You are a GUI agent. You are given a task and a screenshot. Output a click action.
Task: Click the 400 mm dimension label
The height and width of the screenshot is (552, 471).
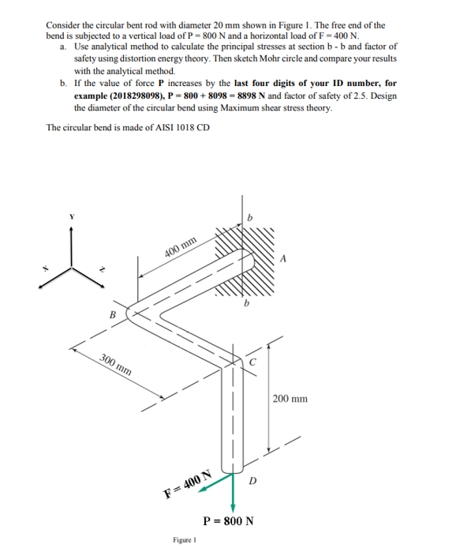(x=181, y=246)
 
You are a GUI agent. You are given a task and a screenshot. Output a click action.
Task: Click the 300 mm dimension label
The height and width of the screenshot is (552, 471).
(x=116, y=365)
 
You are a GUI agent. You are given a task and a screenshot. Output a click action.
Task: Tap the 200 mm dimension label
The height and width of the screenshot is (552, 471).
(x=290, y=399)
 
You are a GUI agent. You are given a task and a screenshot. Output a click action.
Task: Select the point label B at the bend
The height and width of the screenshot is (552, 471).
(x=113, y=314)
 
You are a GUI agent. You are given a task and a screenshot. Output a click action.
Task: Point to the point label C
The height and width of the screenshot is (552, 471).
(x=253, y=362)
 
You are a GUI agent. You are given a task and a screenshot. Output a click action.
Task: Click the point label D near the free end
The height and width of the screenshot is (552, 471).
(x=253, y=481)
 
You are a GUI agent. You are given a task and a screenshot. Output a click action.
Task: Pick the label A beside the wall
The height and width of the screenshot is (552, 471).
(x=283, y=259)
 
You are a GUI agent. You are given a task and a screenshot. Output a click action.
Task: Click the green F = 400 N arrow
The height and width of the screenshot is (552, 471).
(x=215, y=483)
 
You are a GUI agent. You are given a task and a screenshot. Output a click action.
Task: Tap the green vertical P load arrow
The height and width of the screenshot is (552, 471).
(x=233, y=494)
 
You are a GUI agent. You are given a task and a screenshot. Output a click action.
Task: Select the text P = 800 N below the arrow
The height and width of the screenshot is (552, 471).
(x=228, y=520)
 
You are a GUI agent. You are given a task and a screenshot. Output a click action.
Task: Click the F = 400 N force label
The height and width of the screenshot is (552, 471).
(x=189, y=484)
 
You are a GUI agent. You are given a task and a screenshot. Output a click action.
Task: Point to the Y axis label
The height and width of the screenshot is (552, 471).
(x=72, y=217)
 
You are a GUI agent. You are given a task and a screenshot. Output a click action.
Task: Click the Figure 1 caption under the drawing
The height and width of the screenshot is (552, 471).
(x=185, y=539)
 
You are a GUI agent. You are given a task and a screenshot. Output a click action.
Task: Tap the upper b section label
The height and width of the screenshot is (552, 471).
(x=250, y=218)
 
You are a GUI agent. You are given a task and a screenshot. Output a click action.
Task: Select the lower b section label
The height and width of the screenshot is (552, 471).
(x=247, y=302)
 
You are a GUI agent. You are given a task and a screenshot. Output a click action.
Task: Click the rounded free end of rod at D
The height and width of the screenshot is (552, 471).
(x=232, y=470)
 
